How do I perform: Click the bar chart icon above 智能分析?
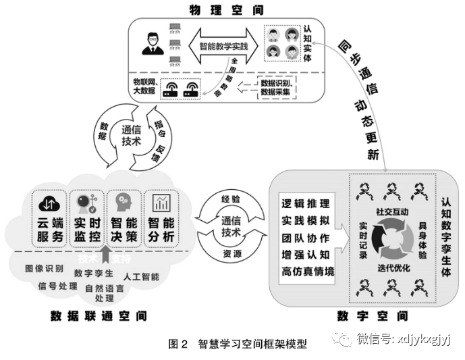pos(162,203)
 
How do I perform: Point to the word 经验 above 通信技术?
pos(231,200)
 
